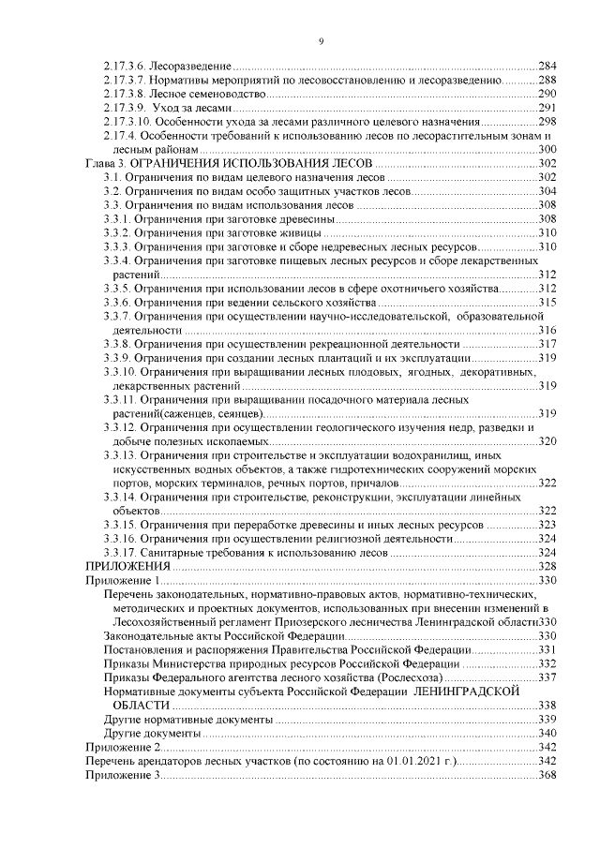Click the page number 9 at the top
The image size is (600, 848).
click(322, 40)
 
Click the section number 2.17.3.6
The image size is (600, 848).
click(124, 67)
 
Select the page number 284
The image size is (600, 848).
click(548, 67)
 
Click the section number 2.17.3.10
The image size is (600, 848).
click(127, 122)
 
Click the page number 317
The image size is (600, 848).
click(548, 344)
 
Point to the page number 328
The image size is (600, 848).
click(548, 567)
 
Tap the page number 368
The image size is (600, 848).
click(548, 775)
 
